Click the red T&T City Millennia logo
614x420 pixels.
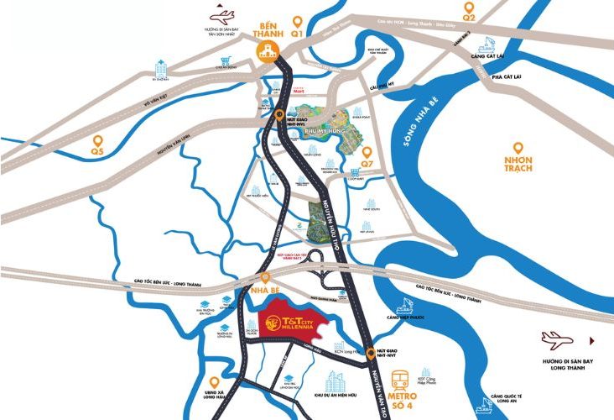coord(290,319)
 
